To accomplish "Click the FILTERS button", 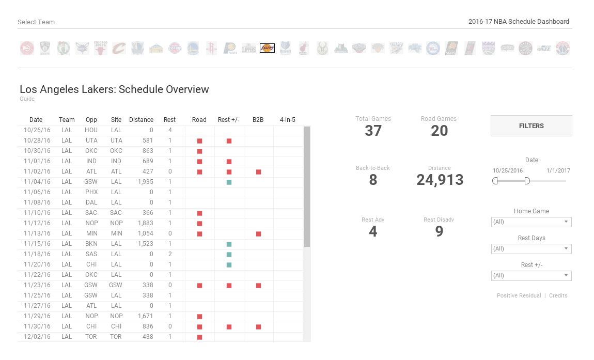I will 531,126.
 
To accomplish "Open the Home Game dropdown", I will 531,222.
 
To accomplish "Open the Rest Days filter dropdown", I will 531,248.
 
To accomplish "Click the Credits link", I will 558,295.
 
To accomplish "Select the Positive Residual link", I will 519,295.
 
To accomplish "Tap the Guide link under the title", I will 27,99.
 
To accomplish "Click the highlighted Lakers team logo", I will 267,48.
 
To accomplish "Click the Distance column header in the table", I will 141,119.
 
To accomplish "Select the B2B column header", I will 258,119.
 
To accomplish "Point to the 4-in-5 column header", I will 288,119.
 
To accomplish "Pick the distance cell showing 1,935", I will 145,182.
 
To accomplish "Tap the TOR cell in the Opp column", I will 91,337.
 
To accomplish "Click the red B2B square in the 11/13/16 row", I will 258,234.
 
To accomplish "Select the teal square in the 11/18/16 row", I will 229,255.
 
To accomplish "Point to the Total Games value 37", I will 373,131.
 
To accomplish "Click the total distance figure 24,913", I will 440,180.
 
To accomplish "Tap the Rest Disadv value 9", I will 439,231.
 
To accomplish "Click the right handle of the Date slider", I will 527,181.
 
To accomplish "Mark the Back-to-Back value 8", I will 373,180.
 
